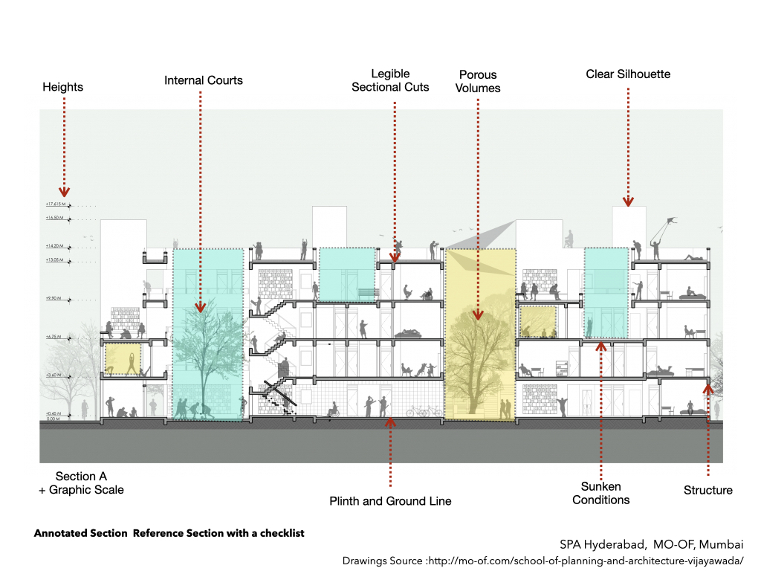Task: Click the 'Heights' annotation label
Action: [x=62, y=87]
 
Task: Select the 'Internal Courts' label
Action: [x=204, y=80]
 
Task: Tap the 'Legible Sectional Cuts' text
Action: [x=391, y=80]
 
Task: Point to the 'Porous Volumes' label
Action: [x=478, y=81]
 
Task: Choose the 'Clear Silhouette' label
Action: [x=628, y=74]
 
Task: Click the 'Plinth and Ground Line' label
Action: [x=390, y=501]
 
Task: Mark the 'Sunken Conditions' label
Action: [x=601, y=493]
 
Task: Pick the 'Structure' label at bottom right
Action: [x=707, y=490]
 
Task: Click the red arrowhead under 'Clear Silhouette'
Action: [x=628, y=201]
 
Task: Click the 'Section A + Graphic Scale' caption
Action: [x=81, y=483]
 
